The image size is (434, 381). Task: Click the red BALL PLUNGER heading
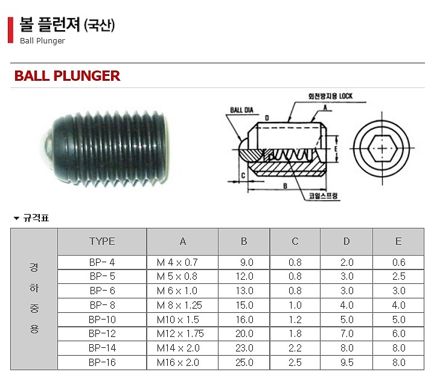67,76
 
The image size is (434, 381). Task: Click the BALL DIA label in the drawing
240,110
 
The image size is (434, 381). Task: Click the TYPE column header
102,241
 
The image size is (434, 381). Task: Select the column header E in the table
398,241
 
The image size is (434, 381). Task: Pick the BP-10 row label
102,320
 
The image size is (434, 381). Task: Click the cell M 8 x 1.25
179,305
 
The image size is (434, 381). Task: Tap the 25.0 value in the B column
244,362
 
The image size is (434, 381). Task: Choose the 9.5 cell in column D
346,362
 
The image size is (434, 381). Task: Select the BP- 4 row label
102,262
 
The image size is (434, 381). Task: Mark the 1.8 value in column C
295,334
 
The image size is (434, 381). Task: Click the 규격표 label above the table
36,218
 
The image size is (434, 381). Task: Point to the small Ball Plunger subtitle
42,41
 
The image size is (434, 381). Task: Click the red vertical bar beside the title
10,30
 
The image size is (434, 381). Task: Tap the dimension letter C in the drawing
243,176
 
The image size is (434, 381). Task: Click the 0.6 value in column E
398,262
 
